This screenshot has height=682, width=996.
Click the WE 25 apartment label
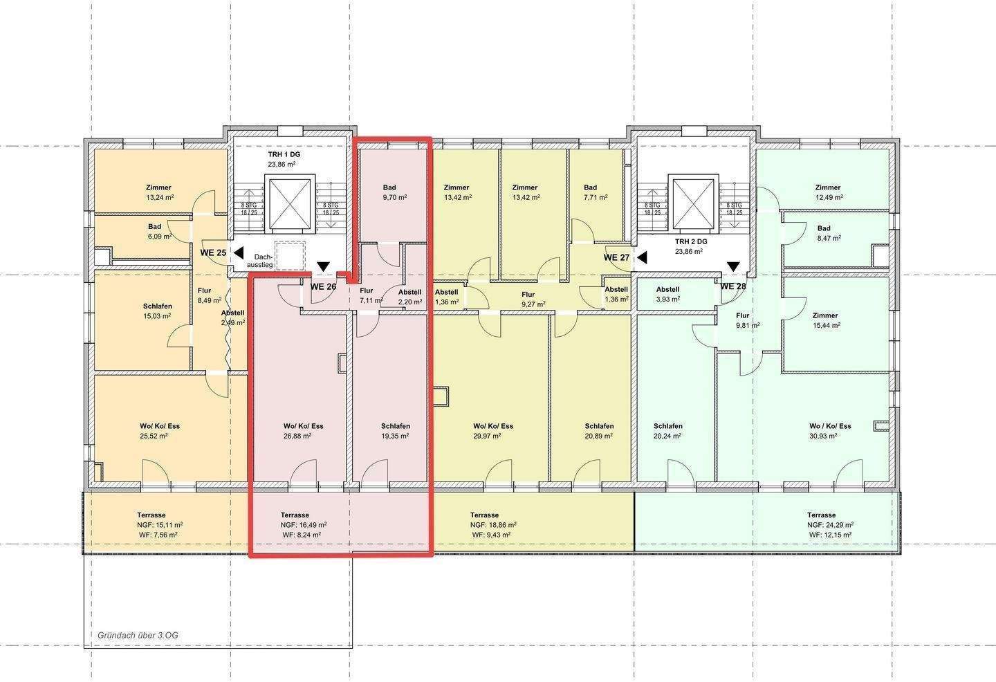(x=213, y=252)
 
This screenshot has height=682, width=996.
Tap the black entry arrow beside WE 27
(x=642, y=257)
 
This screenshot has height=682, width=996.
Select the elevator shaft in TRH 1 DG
(x=290, y=203)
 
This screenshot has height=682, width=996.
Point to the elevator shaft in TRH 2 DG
(x=694, y=203)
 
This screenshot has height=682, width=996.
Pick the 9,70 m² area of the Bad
(x=395, y=197)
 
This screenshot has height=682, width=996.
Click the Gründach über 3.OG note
(x=138, y=636)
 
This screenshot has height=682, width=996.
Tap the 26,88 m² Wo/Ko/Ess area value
(x=297, y=436)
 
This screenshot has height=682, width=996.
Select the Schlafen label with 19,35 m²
(x=396, y=426)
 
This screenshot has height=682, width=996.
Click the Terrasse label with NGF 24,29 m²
(x=821, y=515)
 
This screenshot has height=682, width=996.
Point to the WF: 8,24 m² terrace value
(x=302, y=535)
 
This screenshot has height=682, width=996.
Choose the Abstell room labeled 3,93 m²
(x=667, y=295)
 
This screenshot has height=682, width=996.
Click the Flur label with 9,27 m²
(x=528, y=295)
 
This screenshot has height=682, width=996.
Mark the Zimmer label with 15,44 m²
(x=824, y=315)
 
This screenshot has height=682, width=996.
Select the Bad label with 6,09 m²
(x=155, y=227)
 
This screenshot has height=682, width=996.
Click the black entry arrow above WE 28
(x=733, y=267)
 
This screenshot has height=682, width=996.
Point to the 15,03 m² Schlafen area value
(x=157, y=316)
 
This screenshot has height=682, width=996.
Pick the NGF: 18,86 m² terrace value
(x=493, y=525)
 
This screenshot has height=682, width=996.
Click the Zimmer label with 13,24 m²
(x=158, y=187)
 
